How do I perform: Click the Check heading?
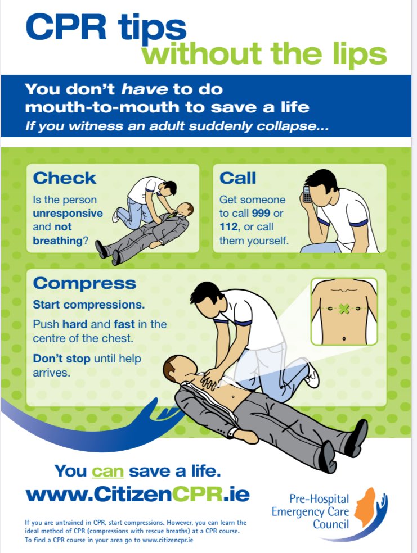pyautogui.click(x=65, y=178)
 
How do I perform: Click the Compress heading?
pyautogui.click(x=84, y=283)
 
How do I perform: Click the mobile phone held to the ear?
pyautogui.click(x=307, y=194)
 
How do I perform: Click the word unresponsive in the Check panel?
pyautogui.click(x=68, y=214)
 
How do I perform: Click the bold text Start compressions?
pyautogui.click(x=88, y=305)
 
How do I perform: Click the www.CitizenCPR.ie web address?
pyautogui.click(x=137, y=494)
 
